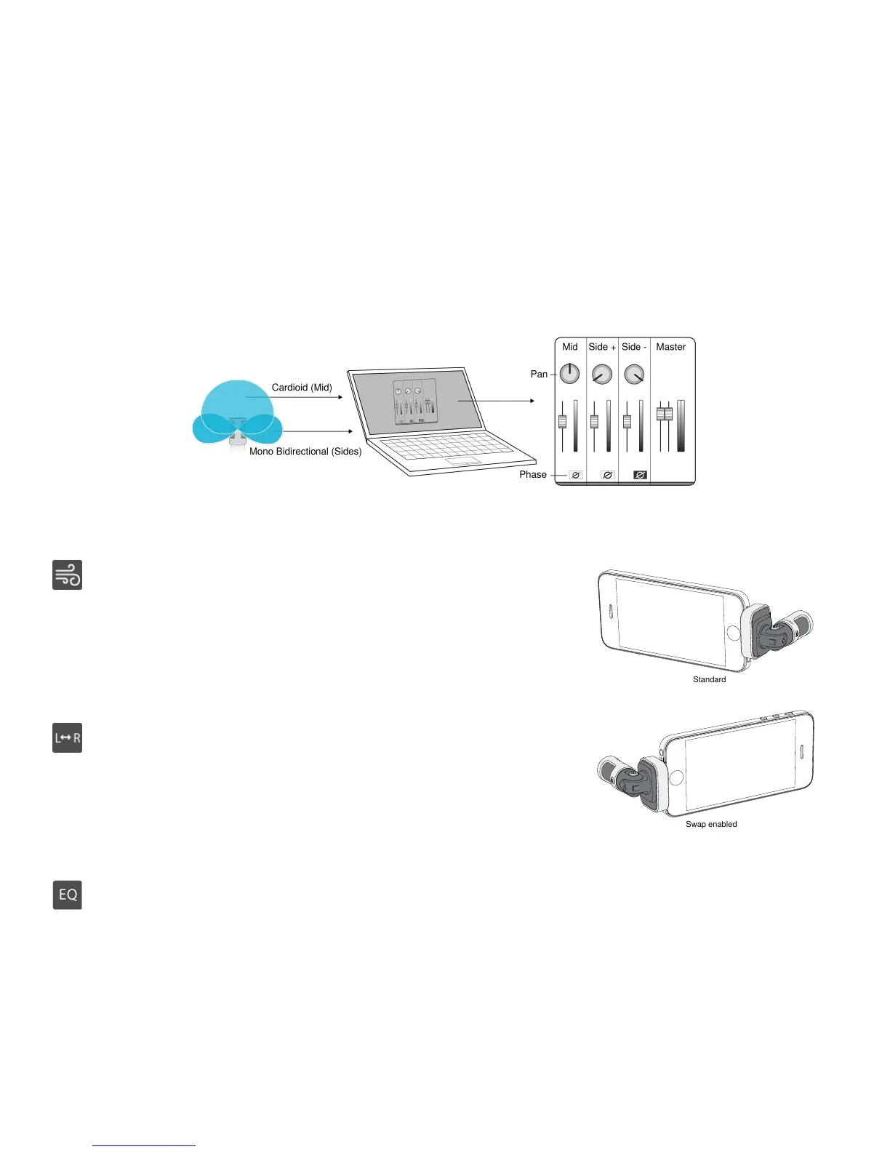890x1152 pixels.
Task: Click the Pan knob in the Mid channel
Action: pos(569,374)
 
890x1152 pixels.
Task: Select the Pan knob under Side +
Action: pos(602,375)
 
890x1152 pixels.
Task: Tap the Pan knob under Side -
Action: pos(634,375)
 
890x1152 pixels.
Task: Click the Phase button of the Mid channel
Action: pos(575,475)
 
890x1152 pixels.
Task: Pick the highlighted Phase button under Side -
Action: pos(640,475)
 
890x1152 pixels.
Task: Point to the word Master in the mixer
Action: pos(670,347)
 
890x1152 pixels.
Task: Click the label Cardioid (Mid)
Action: pos(302,388)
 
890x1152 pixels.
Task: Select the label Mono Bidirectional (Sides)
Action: pos(305,452)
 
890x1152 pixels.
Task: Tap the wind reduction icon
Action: pos(68,575)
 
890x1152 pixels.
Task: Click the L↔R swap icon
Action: pos(68,738)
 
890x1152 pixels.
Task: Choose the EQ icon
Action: pos(68,895)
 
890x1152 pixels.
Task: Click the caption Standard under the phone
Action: pos(709,680)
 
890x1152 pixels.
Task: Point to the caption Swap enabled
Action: pos(711,825)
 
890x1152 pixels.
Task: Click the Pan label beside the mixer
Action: pos(539,374)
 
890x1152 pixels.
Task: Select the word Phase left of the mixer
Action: pos(533,475)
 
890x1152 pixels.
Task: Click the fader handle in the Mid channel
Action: pos(562,421)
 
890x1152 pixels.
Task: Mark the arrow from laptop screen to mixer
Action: pos(496,401)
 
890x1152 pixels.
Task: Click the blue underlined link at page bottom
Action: pos(144,1145)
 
